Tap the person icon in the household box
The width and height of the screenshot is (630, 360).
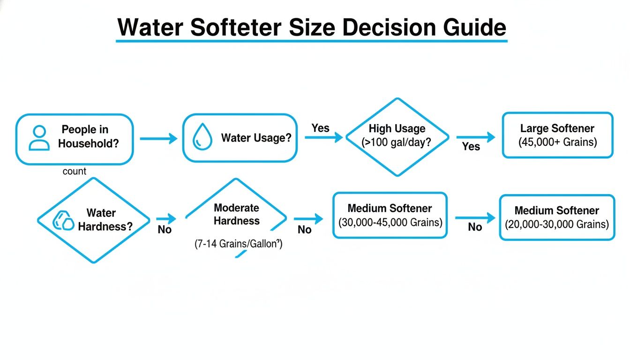coord(39,138)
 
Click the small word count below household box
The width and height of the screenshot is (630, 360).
coord(74,172)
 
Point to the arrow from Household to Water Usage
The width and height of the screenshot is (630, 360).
coord(158,138)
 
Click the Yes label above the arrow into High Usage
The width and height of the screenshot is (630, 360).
coord(321,128)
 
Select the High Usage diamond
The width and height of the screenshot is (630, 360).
coord(397,137)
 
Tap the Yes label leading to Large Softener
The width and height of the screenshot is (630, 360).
coord(471,147)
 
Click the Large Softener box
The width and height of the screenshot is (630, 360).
coord(557,135)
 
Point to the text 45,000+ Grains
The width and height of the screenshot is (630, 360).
coord(557,142)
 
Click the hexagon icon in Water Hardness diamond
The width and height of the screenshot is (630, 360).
coord(63,220)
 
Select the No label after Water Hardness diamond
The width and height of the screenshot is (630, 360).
coord(165,230)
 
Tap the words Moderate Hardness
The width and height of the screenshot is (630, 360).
coord(236,214)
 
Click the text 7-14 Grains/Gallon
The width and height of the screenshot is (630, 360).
coord(239,244)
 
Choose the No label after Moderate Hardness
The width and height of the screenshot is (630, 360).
coord(305,230)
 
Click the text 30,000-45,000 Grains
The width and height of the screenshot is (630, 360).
coord(390,223)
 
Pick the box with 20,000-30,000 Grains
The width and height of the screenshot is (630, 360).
coord(557,217)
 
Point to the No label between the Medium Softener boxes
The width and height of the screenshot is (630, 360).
coord(475,227)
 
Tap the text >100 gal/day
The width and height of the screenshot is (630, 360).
coord(397,143)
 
